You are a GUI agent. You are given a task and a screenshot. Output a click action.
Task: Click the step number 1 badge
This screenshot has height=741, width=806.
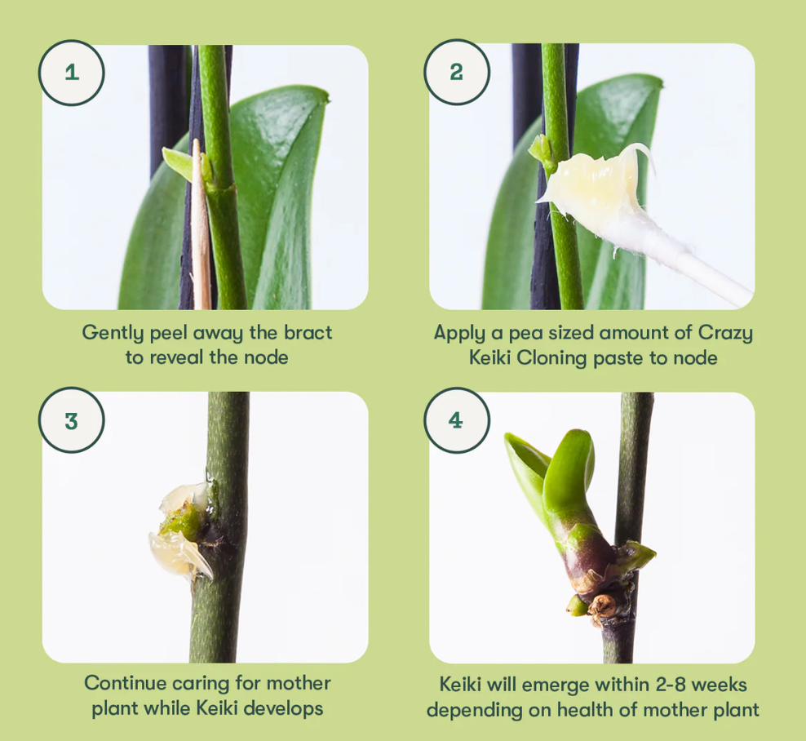(72, 73)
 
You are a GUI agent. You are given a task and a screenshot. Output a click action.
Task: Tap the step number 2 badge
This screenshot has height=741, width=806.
(457, 72)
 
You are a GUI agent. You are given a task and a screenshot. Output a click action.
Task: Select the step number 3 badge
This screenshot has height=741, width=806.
(72, 420)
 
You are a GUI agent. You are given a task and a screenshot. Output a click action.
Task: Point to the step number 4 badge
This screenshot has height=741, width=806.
(457, 420)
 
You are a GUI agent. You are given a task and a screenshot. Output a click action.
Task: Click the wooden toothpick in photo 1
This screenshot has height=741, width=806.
(201, 226)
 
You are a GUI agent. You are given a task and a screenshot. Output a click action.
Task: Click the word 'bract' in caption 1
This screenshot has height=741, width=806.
(308, 333)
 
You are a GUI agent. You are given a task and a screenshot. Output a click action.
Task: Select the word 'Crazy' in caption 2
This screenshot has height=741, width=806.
(725, 333)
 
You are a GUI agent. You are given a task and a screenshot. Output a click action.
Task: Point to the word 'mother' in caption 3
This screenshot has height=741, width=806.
(298, 683)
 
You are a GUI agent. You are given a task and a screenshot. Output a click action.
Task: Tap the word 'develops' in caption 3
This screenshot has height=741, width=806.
(283, 708)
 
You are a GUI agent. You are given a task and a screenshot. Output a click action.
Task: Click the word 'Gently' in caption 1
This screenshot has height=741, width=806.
(113, 333)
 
